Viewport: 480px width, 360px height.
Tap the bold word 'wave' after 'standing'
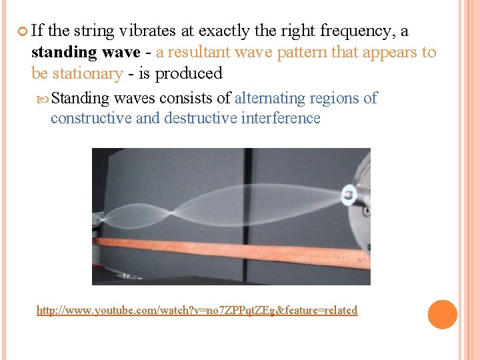tap(119, 52)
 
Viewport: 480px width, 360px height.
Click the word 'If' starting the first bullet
tap(37, 31)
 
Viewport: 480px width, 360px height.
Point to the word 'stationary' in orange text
tap(87, 73)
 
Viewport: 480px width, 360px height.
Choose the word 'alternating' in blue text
tap(271, 98)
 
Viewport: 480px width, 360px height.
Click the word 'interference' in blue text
tap(281, 119)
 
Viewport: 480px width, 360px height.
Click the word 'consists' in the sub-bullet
tap(188, 98)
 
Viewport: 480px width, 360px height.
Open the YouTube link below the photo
tap(197, 310)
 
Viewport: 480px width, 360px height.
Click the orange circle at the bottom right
tap(443, 315)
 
